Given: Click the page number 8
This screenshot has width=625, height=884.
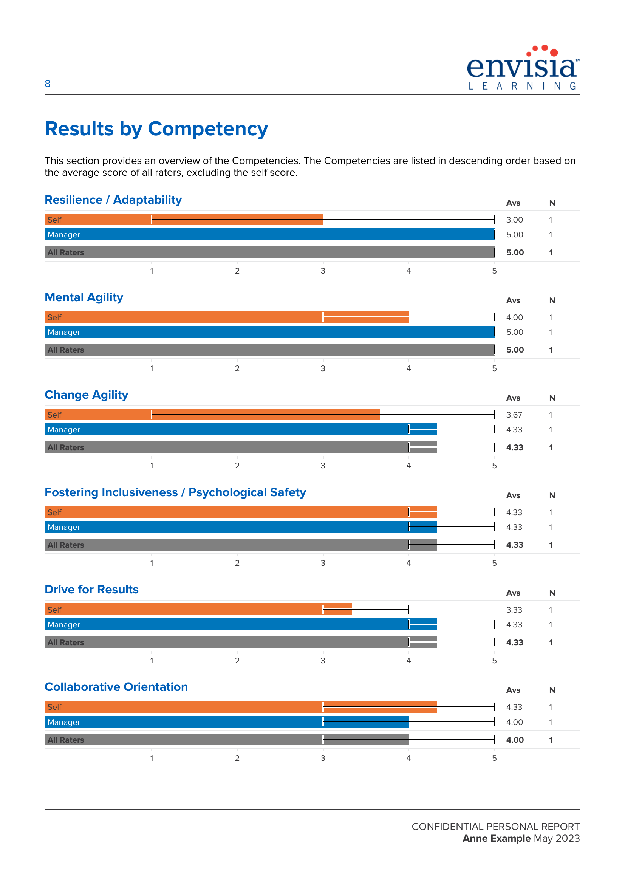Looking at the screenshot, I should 47,84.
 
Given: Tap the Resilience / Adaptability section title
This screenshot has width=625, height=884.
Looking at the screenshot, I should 113,200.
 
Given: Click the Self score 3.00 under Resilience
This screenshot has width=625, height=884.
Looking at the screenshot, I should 514,220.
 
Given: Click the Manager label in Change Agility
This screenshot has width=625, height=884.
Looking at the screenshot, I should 63,430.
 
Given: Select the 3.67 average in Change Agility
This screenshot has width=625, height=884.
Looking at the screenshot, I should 514,415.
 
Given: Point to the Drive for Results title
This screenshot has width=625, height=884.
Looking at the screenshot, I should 91,590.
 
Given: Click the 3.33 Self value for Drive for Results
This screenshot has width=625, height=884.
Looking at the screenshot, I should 514,610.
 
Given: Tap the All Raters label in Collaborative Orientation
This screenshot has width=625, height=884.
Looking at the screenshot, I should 65,740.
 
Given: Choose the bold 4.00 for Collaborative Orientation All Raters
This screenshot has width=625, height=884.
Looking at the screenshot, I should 515,740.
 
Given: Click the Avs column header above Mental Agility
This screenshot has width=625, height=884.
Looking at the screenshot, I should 513,300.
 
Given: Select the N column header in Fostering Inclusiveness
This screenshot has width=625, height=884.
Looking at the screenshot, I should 552,495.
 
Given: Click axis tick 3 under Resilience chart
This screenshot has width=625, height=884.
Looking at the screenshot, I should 323,271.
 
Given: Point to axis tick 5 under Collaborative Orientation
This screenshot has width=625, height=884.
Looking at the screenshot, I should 494,758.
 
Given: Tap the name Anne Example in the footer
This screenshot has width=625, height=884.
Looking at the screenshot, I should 497,839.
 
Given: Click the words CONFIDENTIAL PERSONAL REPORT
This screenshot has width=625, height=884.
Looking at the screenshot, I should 495,827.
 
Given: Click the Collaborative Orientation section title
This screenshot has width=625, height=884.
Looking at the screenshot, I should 116,687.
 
